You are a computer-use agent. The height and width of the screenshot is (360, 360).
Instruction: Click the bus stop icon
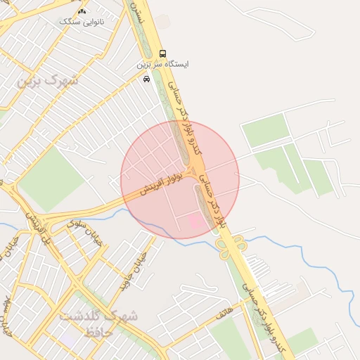pyautogui.click(x=163, y=53)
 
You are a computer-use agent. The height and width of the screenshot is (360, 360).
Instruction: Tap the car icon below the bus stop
pyautogui.click(x=146, y=79)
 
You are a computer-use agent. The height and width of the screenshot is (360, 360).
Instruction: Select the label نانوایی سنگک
pyautogui.click(x=81, y=22)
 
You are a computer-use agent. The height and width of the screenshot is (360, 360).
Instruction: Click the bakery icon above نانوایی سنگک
pyautogui.click(x=82, y=11)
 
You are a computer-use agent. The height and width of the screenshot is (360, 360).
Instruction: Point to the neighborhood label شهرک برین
pyautogui.click(x=48, y=80)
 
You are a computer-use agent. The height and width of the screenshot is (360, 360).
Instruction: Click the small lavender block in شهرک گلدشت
pyautogui.click(x=70, y=337)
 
